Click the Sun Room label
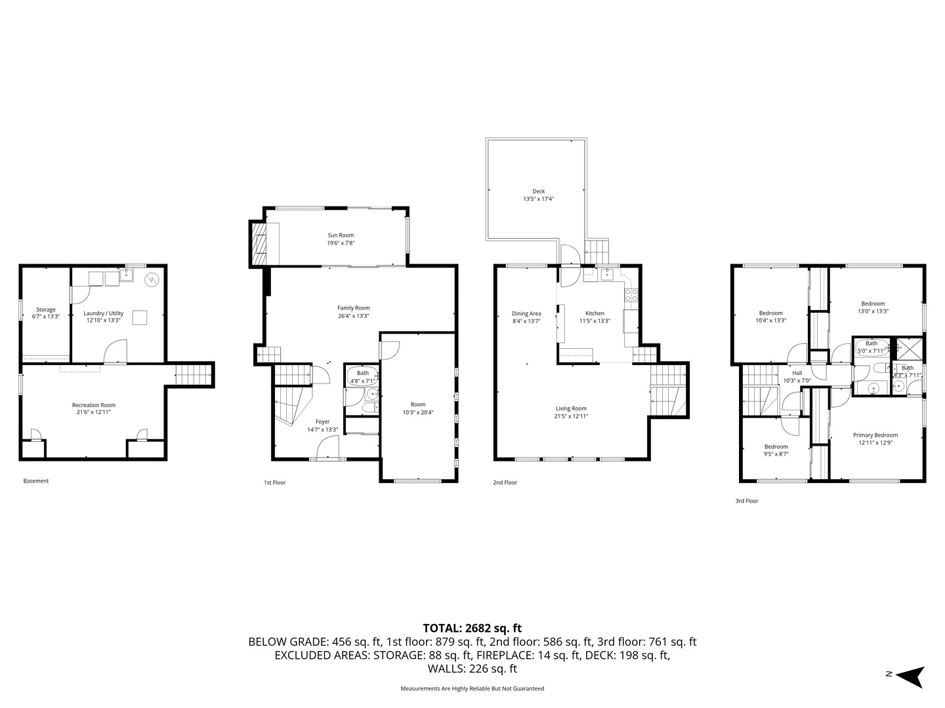coord(341,235)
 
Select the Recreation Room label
coord(93,405)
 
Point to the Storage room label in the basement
coord(46,309)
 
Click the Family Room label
coord(354,308)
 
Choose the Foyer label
coord(322,422)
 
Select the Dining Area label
coord(526,313)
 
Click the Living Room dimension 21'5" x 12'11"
coord(571,416)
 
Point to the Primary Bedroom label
coord(875,435)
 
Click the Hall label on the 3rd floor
coord(797,373)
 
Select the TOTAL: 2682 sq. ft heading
coord(472,628)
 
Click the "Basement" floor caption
coord(36,481)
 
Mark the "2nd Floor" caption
coord(505,483)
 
